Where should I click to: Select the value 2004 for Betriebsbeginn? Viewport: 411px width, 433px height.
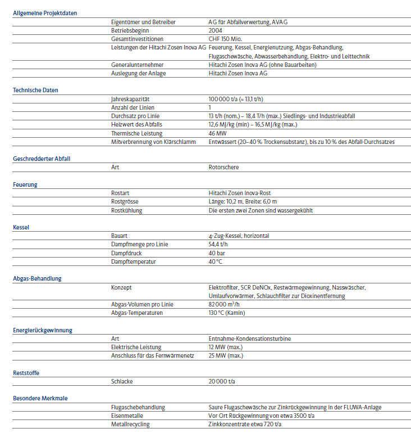[x=215, y=30]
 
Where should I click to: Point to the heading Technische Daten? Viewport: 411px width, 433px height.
[x=35, y=90]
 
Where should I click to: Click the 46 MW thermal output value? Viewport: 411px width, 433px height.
[x=218, y=133]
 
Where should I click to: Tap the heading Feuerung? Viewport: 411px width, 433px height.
[x=25, y=184]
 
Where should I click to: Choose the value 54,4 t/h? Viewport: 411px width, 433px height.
[x=218, y=245]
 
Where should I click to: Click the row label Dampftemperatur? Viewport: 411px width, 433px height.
[x=134, y=261]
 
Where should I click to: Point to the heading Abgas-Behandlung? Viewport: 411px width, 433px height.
[x=37, y=278]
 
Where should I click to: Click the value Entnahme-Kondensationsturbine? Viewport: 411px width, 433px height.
[x=249, y=339]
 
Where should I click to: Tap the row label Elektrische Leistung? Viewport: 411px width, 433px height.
[x=136, y=347]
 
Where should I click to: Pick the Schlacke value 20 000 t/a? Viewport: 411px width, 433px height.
[x=222, y=381]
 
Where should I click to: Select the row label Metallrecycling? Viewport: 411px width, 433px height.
[x=130, y=424]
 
